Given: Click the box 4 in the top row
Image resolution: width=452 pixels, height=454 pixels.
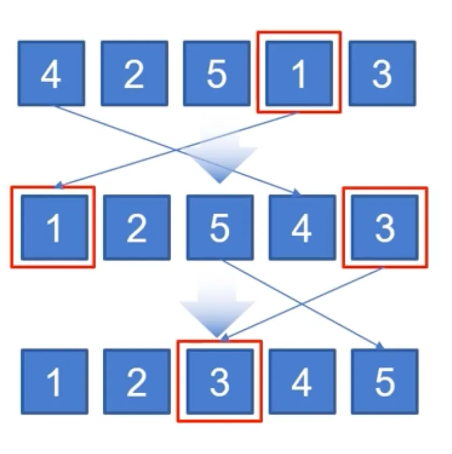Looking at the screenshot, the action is tap(51, 73).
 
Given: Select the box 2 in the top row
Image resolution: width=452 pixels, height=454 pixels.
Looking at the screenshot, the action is tap(134, 73).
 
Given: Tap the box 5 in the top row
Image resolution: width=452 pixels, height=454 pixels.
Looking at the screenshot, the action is tap(216, 73).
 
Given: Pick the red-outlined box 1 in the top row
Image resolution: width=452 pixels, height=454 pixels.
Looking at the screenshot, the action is tap(299, 73).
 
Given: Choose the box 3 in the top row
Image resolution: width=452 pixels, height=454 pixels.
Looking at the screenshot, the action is tap(382, 73).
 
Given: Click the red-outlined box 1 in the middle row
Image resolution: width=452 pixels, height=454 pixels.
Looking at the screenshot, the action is tap(54, 227).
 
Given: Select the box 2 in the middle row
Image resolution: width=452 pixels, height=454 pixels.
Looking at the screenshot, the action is tap(137, 227).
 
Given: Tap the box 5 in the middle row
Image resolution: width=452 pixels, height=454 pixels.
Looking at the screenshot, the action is tap(220, 227).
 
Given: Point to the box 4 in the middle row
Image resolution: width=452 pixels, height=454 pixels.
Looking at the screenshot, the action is tap(302, 227).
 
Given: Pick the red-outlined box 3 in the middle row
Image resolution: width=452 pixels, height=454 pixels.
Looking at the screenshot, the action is tap(384, 227).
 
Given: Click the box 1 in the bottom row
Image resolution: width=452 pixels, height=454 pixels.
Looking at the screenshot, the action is tap(54, 381).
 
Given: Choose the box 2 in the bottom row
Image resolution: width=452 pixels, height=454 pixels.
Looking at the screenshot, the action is tap(137, 381).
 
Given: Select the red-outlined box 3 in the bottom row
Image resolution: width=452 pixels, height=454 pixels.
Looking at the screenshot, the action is tap(220, 381).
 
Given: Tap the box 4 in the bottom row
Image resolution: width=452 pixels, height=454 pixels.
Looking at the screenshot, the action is tap(302, 381).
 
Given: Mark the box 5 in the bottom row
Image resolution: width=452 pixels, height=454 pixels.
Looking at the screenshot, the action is tap(384, 381).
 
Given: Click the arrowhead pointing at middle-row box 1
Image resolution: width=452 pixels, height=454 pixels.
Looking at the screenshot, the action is tap(59, 186).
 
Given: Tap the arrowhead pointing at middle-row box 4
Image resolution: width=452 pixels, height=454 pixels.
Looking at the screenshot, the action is tap(296, 193).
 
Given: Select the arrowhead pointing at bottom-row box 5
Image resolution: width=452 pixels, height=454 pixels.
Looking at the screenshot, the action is tap(379, 346).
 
